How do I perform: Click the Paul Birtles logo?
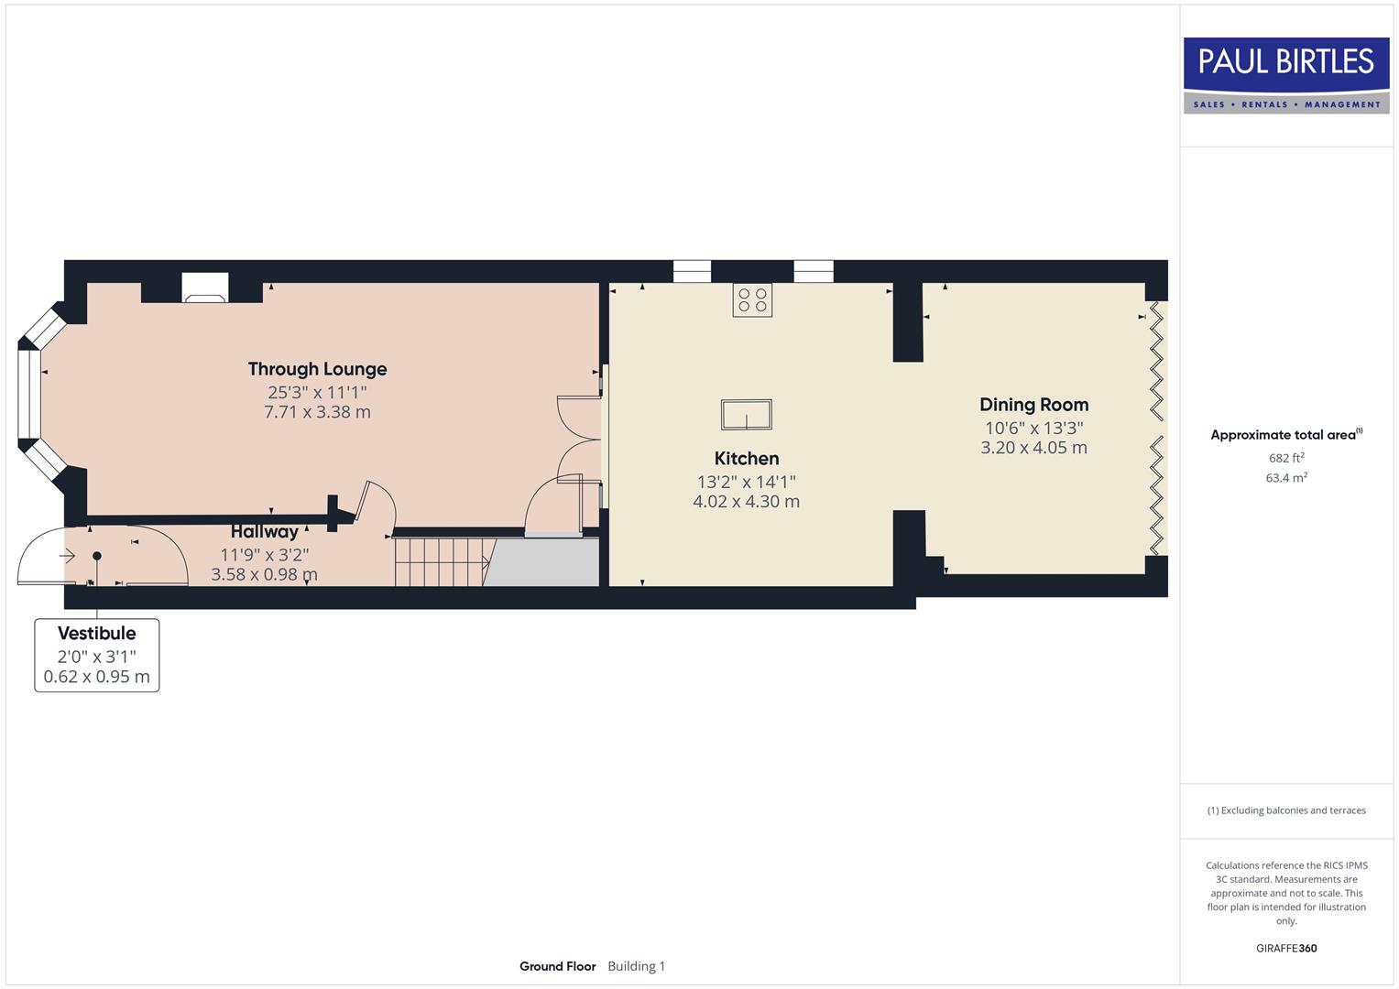[1286, 75]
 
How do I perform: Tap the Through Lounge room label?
[317, 369]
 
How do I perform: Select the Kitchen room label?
[746, 459]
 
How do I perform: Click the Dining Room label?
[1033, 405]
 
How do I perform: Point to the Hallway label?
[264, 531]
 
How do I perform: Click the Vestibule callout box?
[97, 655]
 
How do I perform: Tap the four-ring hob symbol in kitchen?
[752, 299]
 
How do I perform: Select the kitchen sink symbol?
[746, 415]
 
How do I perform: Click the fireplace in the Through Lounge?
[203, 288]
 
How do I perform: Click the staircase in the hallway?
[439, 561]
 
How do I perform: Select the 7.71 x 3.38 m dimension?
[317, 412]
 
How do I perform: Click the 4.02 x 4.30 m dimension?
[746, 502]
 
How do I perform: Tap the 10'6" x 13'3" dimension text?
[1033, 428]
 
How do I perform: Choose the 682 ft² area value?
[1286, 458]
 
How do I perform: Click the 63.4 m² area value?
[1286, 478]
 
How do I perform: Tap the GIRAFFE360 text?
[1286, 949]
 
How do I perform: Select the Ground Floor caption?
[557, 966]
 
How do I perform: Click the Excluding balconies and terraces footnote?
[1286, 810]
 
